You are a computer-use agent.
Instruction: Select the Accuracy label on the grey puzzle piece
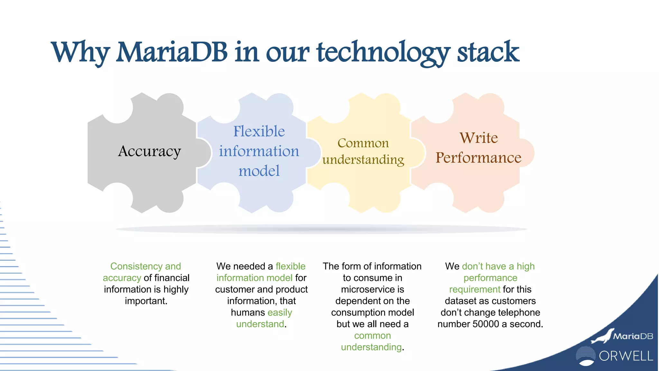click(x=149, y=151)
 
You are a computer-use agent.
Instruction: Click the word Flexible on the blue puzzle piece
click(x=259, y=131)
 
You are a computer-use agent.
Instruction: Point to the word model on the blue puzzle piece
click(x=259, y=171)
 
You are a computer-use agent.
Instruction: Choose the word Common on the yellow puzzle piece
click(x=363, y=143)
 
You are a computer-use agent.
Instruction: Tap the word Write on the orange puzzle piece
click(x=478, y=138)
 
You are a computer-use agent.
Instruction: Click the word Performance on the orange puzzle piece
click(x=478, y=158)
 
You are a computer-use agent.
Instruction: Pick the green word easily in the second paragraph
click(x=280, y=313)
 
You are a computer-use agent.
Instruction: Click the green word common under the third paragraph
click(x=372, y=336)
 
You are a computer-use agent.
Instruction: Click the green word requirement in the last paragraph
click(x=475, y=290)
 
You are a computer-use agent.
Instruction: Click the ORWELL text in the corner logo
click(x=626, y=356)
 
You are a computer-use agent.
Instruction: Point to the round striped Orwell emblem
click(x=585, y=356)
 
